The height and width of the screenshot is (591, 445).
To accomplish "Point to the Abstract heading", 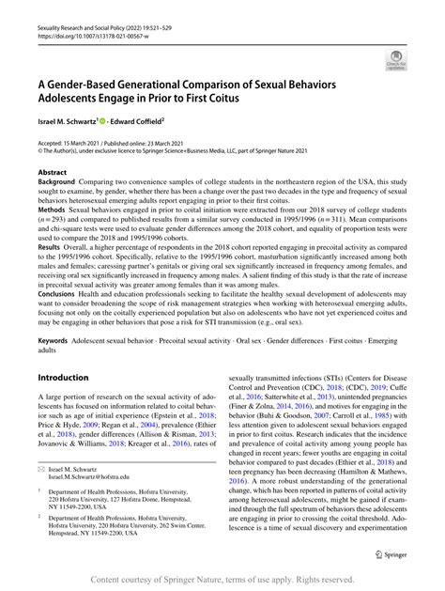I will pyautogui.click(x=52, y=174).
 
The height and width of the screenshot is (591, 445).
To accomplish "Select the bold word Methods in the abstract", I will pyautogui.click(x=53, y=212).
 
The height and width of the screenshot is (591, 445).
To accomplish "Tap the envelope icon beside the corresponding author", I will pyautogui.click(x=41, y=468).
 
